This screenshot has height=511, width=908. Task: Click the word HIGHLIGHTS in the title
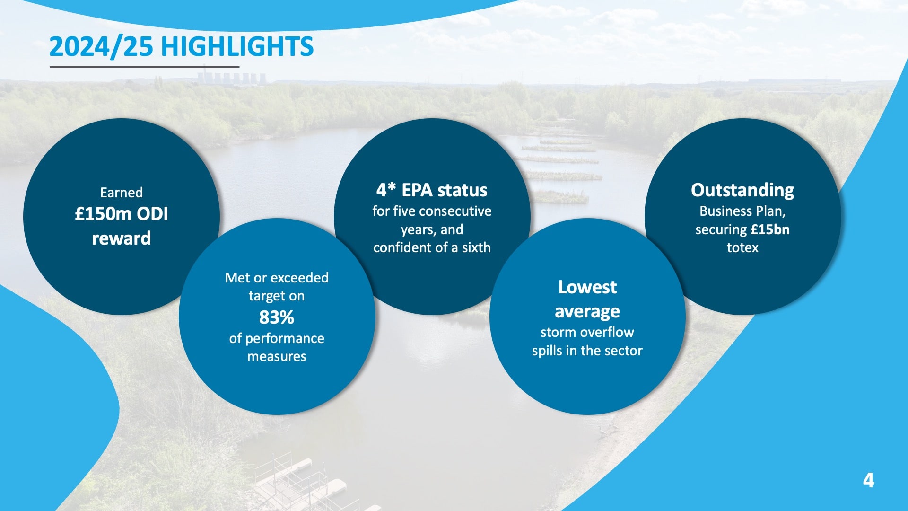[x=237, y=46]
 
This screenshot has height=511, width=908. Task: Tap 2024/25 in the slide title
[x=101, y=47]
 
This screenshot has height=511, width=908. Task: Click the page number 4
[x=868, y=480]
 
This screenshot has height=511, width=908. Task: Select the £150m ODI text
[x=122, y=214]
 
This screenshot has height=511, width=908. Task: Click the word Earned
[x=122, y=193]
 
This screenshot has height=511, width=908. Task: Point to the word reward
[x=122, y=238]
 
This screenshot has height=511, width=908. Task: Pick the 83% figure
[x=277, y=317]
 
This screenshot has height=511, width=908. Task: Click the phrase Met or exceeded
[x=277, y=277]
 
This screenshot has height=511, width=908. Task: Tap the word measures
[x=277, y=356]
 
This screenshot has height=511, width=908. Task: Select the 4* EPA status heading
[x=432, y=190]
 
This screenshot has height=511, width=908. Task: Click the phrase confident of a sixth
[x=432, y=247]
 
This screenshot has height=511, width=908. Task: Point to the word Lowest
[x=587, y=287]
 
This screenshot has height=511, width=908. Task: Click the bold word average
[x=587, y=312]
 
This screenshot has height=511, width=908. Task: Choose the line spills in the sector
[x=587, y=351]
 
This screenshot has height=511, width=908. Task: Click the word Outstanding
[x=742, y=190]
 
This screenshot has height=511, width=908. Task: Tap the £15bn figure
[x=770, y=229]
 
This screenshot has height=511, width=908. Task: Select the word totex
[x=742, y=247]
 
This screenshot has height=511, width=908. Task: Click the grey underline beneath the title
[x=144, y=67]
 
